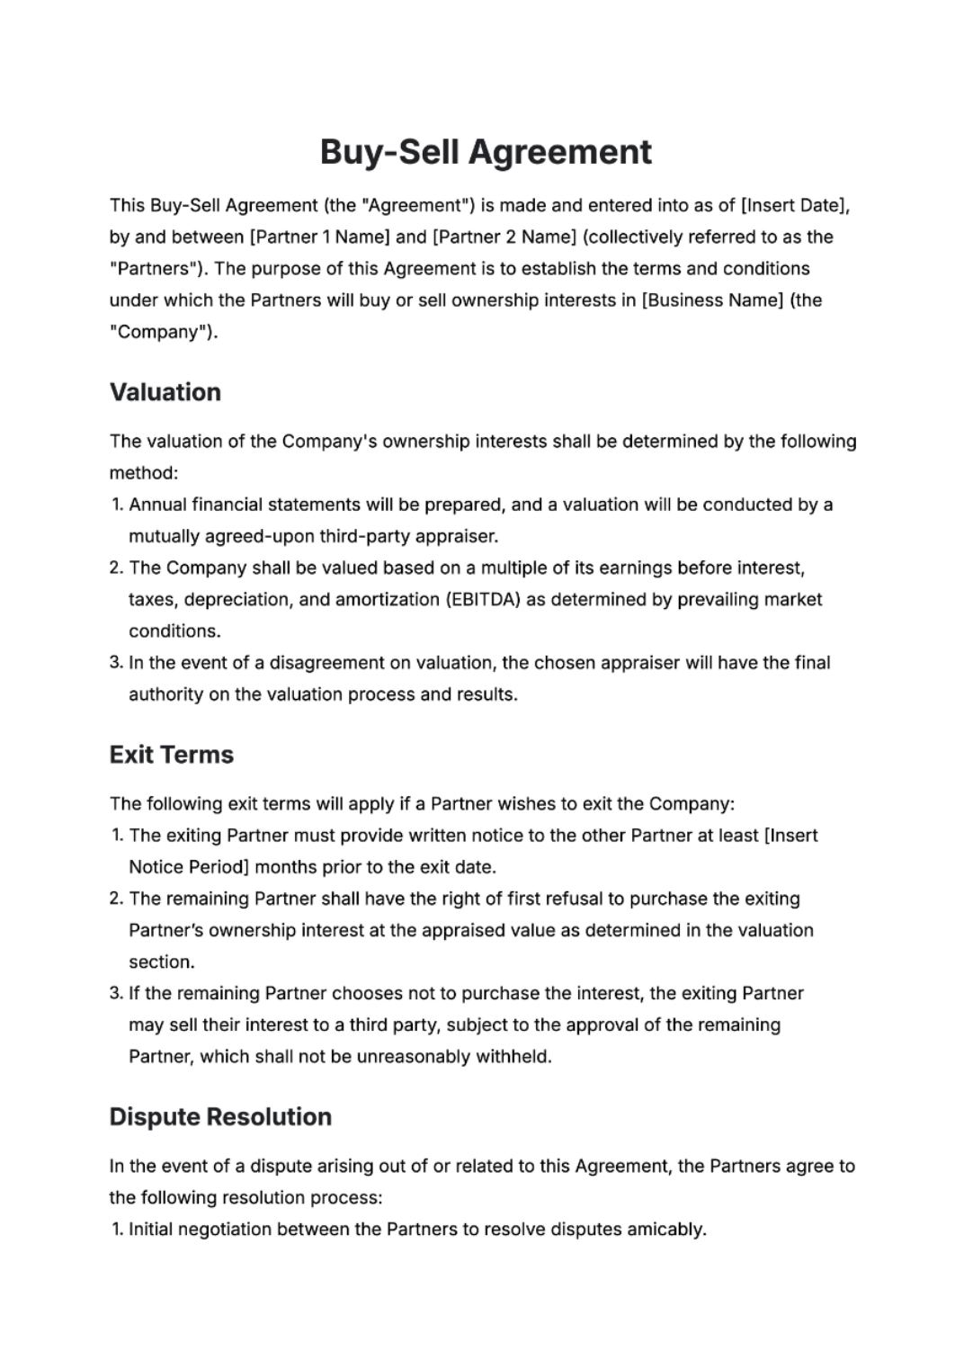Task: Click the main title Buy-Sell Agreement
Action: pos(486,152)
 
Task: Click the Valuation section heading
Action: pos(165,392)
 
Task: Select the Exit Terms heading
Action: pos(171,755)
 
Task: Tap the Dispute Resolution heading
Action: pos(220,1117)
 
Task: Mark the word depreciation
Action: pos(237,599)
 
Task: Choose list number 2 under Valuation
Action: pos(116,568)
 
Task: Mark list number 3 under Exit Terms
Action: pos(116,993)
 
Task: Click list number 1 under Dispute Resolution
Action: pos(117,1229)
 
